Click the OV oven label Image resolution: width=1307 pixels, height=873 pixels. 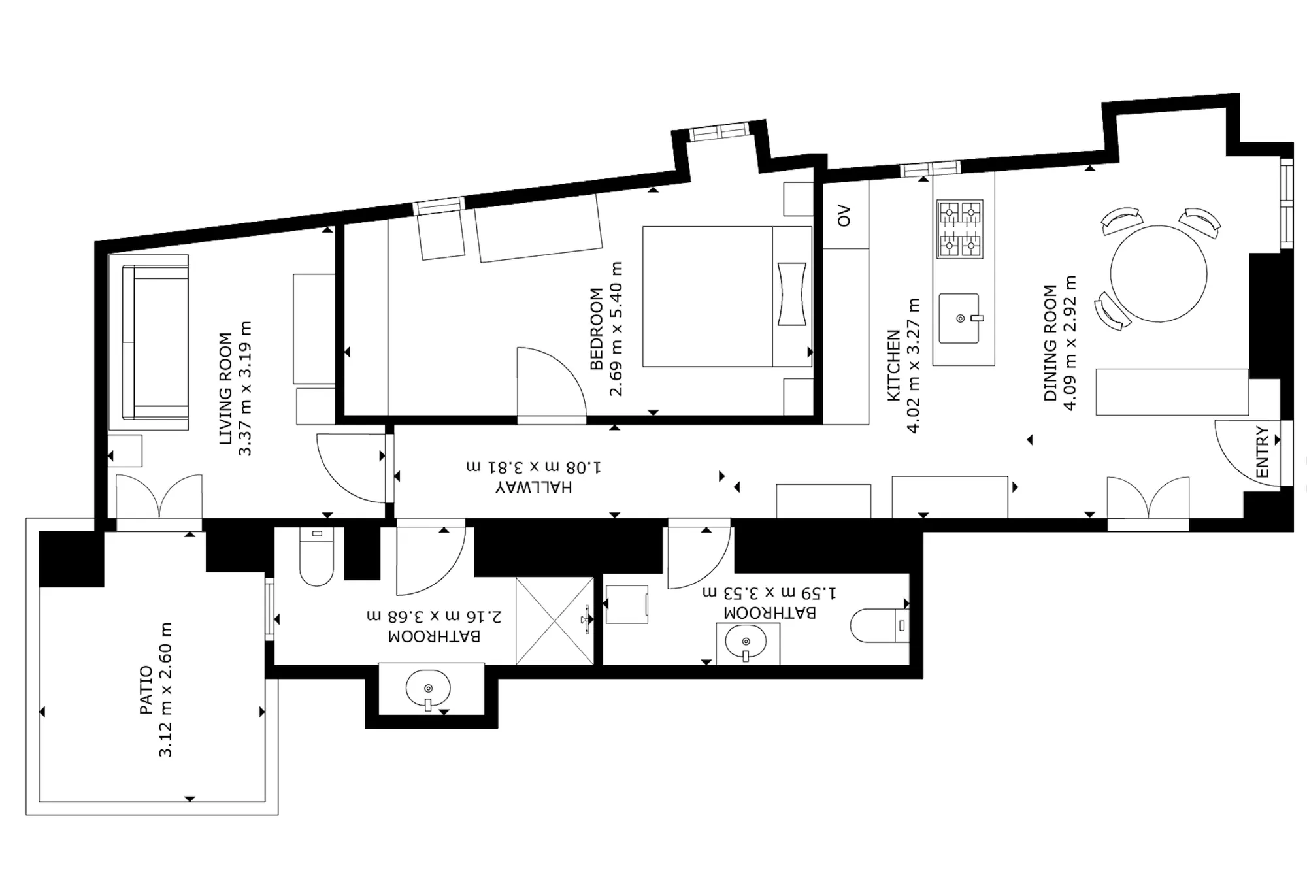[844, 216]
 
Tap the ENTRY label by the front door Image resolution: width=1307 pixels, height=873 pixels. [1262, 452]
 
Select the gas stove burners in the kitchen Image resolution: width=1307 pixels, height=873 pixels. [960, 229]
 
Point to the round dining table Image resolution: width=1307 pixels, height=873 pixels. [1158, 274]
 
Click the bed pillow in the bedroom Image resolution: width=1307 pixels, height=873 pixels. [791, 294]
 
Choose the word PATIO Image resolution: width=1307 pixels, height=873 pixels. [146, 690]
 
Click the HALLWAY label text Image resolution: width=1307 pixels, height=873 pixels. [533, 487]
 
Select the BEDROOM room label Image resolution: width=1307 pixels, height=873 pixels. [596, 329]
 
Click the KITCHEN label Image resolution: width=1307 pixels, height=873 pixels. [893, 365]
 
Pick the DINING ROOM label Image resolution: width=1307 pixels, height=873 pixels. [1050, 342]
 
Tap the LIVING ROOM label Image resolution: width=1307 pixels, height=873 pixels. [225, 389]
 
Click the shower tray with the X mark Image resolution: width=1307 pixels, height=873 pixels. [555, 621]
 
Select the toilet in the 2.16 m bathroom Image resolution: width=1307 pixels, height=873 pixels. [317, 557]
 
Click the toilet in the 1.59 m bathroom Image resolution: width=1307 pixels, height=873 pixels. [880, 625]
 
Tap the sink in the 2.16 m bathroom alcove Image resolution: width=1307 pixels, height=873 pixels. [428, 689]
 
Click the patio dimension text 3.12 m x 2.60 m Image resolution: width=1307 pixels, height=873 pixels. [165, 690]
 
